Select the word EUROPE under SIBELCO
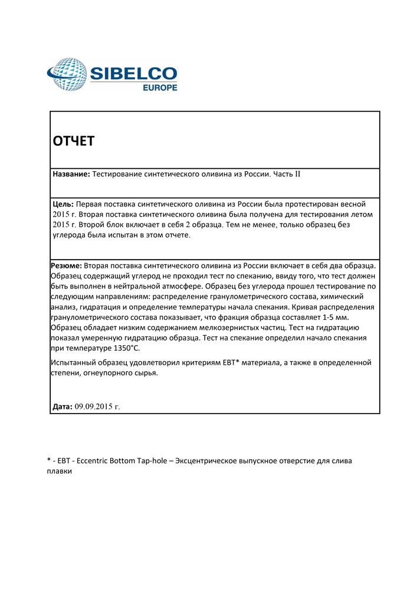[x=160, y=88]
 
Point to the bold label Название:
[x=71, y=175]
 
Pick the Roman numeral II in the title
[x=297, y=175]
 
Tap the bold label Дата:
[x=63, y=407]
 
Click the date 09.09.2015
[x=94, y=407]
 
